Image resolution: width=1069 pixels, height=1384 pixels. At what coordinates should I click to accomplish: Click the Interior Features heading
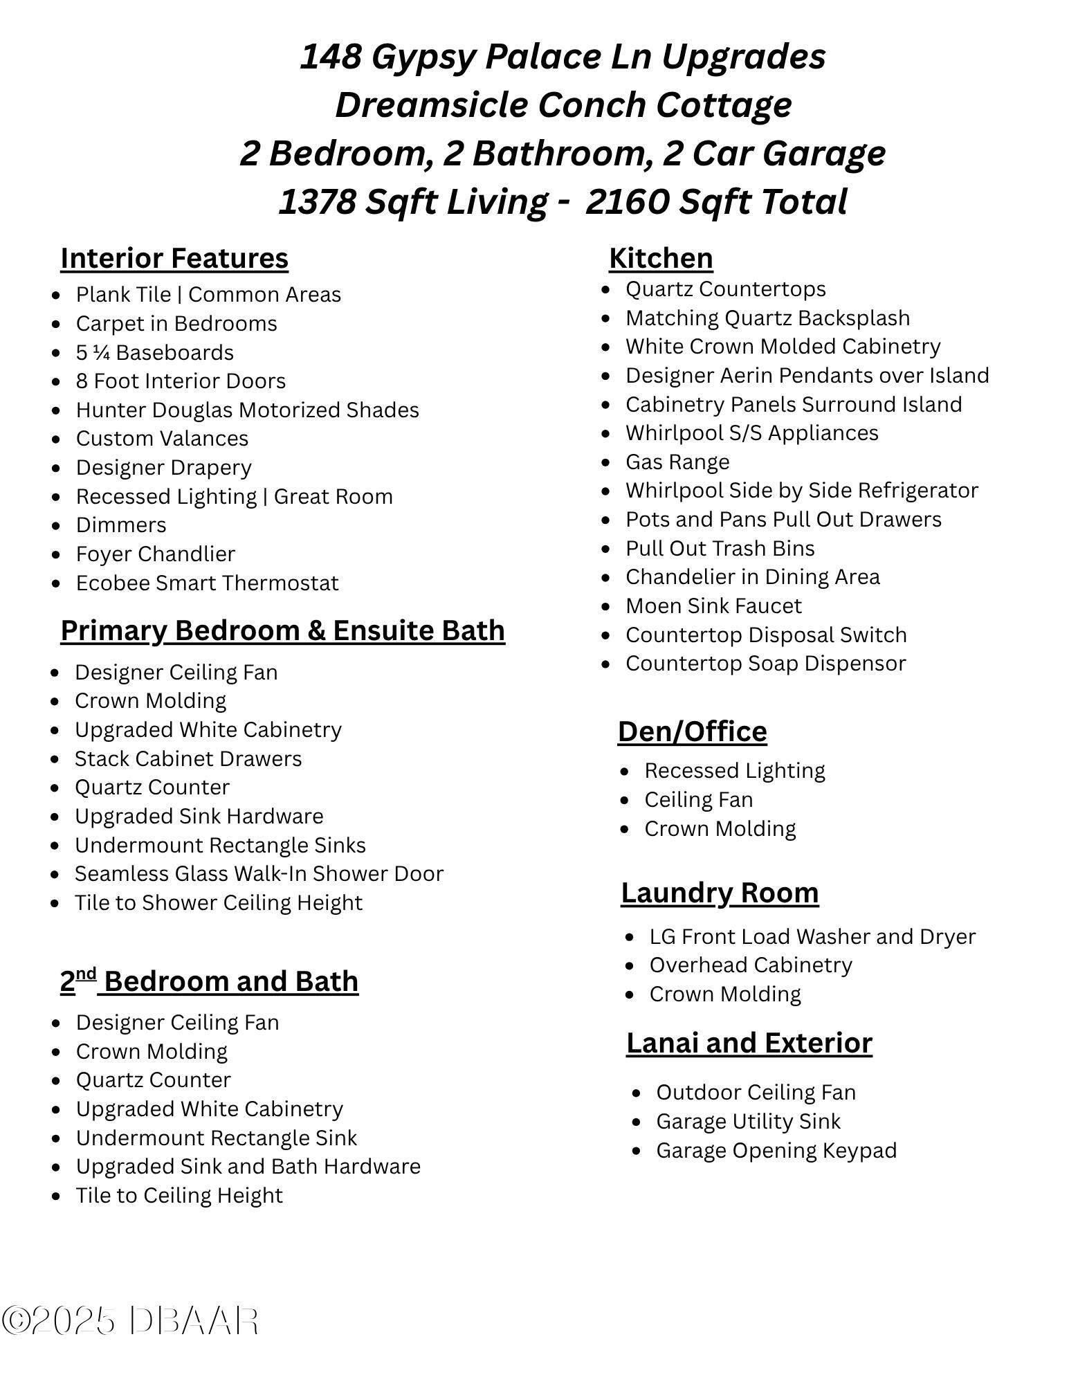pyautogui.click(x=174, y=258)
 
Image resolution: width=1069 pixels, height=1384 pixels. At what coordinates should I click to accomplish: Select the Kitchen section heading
pyautogui.click(x=661, y=258)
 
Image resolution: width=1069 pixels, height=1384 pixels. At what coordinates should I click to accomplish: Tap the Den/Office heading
pyautogui.click(x=692, y=731)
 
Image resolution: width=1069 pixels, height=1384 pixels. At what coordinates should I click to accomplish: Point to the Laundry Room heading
pyautogui.click(x=720, y=893)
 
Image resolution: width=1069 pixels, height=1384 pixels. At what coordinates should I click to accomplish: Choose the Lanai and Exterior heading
pyautogui.click(x=749, y=1043)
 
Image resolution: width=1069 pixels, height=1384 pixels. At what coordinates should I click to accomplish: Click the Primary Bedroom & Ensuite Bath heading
pyautogui.click(x=282, y=630)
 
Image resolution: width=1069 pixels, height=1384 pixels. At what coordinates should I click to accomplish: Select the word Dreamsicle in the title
pyautogui.click(x=430, y=104)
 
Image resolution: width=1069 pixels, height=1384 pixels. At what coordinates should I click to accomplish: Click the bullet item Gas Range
pyautogui.click(x=677, y=462)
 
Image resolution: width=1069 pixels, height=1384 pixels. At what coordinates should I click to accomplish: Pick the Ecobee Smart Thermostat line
pyautogui.click(x=207, y=583)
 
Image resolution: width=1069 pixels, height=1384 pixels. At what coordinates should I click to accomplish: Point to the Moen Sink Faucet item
pyautogui.click(x=713, y=605)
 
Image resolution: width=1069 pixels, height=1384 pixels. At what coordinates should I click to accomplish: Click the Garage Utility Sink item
pyautogui.click(x=748, y=1121)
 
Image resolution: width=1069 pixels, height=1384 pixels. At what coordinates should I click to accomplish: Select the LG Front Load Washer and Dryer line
pyautogui.click(x=812, y=936)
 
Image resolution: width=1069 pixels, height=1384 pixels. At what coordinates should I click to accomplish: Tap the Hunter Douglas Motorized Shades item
pyautogui.click(x=247, y=410)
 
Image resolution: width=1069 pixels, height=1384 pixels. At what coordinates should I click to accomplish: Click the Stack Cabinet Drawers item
pyautogui.click(x=188, y=758)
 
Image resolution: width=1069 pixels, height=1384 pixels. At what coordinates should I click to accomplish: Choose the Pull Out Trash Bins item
pyautogui.click(x=720, y=548)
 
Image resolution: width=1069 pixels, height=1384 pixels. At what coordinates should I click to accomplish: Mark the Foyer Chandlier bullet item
pyautogui.click(x=156, y=554)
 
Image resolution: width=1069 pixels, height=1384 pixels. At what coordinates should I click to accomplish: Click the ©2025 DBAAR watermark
pyautogui.click(x=130, y=1320)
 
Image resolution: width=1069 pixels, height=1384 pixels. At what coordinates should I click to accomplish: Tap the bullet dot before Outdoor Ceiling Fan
pyautogui.click(x=637, y=1093)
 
